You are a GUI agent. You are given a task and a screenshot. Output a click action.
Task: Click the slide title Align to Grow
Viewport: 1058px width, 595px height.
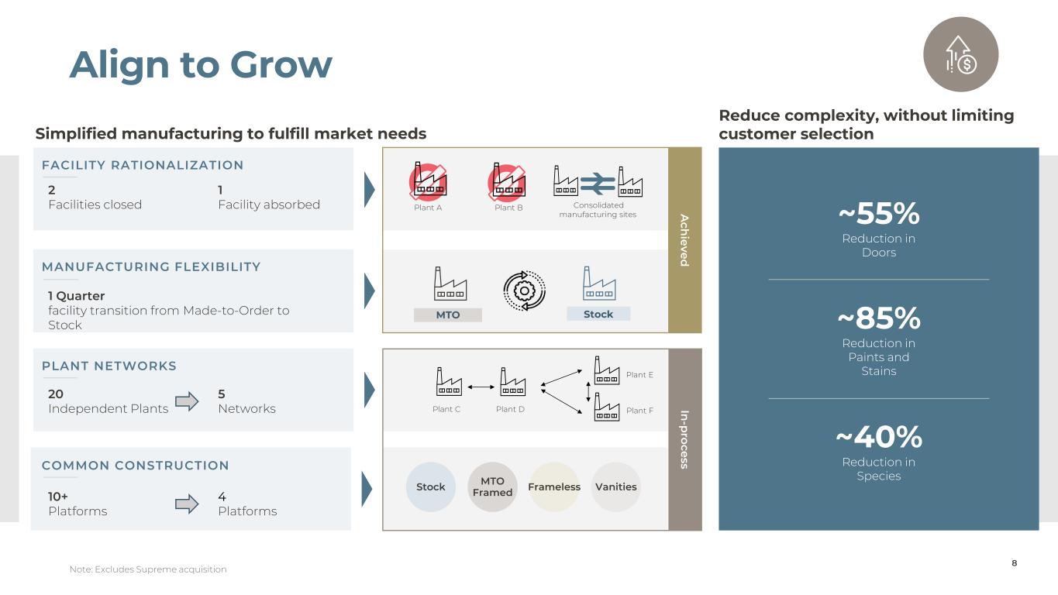pyautogui.click(x=201, y=64)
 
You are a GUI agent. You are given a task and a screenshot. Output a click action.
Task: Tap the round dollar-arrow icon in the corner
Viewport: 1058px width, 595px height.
pyautogui.click(x=960, y=54)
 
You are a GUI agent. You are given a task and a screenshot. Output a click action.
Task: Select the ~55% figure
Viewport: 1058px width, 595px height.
pyautogui.click(x=878, y=213)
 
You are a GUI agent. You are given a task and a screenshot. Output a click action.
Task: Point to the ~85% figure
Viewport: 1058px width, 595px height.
pyautogui.click(x=878, y=318)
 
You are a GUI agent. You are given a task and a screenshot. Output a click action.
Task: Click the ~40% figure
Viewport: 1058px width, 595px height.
pyautogui.click(x=878, y=438)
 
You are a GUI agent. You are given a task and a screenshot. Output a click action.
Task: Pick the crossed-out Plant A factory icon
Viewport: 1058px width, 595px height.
pyautogui.click(x=429, y=181)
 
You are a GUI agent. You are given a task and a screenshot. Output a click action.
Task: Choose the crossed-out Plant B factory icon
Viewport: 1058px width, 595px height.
pyautogui.click(x=507, y=181)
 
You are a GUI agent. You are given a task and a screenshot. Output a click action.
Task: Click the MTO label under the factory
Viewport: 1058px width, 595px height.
pyautogui.click(x=448, y=315)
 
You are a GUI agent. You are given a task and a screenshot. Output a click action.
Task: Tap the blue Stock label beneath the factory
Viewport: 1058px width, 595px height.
pyautogui.click(x=598, y=314)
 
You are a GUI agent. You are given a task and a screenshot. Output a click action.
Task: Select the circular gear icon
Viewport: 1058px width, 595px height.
pyautogui.click(x=524, y=290)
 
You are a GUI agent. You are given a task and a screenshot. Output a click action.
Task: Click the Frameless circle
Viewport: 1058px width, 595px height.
pyautogui.click(x=554, y=487)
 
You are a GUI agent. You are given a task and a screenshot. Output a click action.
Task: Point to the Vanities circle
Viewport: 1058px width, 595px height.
pyautogui.click(x=616, y=487)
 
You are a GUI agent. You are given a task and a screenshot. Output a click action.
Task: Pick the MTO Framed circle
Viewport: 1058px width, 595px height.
pyautogui.click(x=492, y=487)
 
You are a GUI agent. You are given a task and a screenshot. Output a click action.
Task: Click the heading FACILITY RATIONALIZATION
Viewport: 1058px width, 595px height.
pyautogui.click(x=143, y=165)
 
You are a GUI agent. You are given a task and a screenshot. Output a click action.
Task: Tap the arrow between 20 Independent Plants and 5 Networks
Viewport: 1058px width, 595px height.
pyautogui.click(x=188, y=401)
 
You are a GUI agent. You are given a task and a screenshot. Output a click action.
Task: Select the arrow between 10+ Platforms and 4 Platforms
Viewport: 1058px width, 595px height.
pyautogui.click(x=188, y=504)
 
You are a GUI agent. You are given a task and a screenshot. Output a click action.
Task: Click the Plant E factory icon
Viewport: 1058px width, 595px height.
pyautogui.click(x=606, y=370)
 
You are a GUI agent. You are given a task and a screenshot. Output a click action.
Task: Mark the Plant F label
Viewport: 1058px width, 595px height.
pyautogui.click(x=639, y=411)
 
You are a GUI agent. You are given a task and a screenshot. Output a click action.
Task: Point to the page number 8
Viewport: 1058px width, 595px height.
pyautogui.click(x=1015, y=563)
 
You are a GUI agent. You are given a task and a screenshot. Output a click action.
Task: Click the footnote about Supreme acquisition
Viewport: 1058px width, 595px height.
pyautogui.click(x=148, y=569)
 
